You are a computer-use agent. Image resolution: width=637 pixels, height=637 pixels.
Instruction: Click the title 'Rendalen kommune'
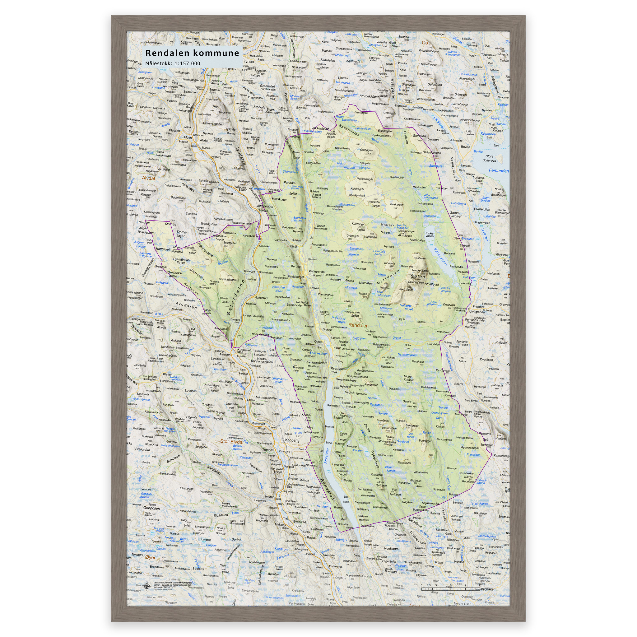[x=192, y=53]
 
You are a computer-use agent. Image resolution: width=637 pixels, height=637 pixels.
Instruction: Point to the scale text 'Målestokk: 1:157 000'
[x=173, y=63]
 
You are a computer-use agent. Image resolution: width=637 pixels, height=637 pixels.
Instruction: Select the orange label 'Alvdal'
[x=148, y=178]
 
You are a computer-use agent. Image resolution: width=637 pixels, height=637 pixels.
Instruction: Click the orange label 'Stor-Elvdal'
[x=231, y=441]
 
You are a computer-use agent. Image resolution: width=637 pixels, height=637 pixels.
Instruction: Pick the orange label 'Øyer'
[x=150, y=557]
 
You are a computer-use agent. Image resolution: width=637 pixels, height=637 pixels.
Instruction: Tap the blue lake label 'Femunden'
[x=499, y=171]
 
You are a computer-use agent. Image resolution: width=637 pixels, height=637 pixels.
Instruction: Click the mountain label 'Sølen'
[x=418, y=276]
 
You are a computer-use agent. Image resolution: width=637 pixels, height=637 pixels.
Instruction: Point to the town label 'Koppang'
[x=292, y=440]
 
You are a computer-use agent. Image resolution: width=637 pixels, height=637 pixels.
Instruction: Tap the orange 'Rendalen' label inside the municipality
[x=358, y=325]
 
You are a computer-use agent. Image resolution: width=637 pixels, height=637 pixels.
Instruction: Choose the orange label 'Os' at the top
[x=425, y=43]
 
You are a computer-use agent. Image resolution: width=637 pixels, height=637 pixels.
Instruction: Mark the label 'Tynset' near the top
[x=249, y=61]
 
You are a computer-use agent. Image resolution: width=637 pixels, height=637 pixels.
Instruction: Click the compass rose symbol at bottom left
[x=147, y=586]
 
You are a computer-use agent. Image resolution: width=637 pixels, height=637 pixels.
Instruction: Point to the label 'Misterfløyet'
[x=387, y=229]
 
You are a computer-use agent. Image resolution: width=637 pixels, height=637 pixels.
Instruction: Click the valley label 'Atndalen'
[x=186, y=306]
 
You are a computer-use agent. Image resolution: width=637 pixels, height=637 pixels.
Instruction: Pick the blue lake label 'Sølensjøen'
[x=441, y=257]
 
